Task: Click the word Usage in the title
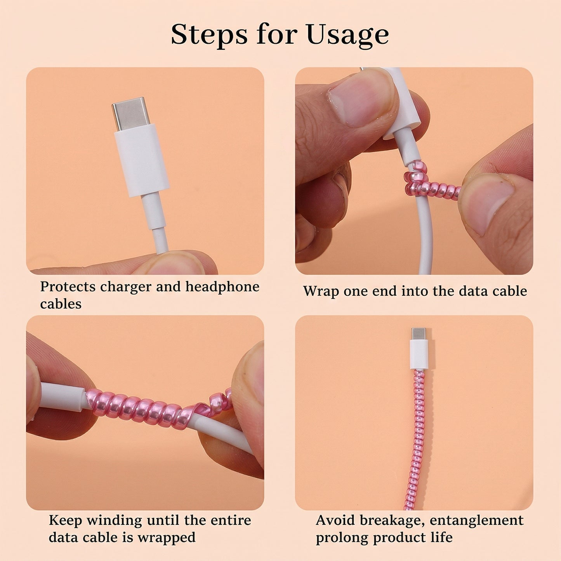(x=347, y=35)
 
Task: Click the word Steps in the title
(x=209, y=35)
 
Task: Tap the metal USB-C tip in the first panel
(x=130, y=113)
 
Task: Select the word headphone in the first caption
(x=222, y=287)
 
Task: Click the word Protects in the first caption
(x=68, y=287)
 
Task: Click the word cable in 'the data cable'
(x=509, y=291)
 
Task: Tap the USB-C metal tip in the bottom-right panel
(x=419, y=333)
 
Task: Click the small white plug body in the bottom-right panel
(x=419, y=354)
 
